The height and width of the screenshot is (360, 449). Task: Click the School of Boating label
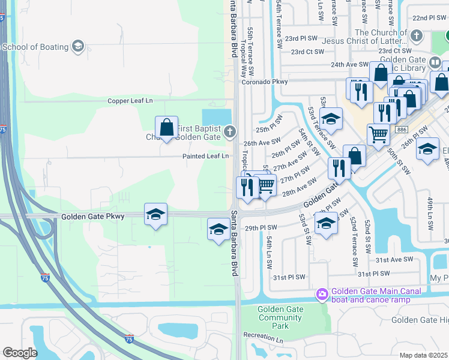pos(35,46)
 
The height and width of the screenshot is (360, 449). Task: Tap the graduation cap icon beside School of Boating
pos(77,46)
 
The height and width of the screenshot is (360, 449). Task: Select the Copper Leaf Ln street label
pos(130,101)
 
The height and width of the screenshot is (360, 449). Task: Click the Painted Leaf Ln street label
pos(206,156)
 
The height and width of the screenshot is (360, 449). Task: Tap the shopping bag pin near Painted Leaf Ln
pos(166,128)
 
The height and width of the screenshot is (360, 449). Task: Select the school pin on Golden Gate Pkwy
pos(155,214)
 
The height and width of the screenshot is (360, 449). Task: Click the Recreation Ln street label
pos(263,338)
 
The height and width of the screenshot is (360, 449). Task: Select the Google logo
pos(20,352)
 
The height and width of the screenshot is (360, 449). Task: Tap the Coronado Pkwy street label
pos(262,82)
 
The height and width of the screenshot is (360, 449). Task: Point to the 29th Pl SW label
pos(261,228)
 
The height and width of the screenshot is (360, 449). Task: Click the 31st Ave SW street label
pos(394,259)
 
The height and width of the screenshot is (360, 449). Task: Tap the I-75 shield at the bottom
pos(129,339)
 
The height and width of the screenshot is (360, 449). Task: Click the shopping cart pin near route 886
pos(378,135)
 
